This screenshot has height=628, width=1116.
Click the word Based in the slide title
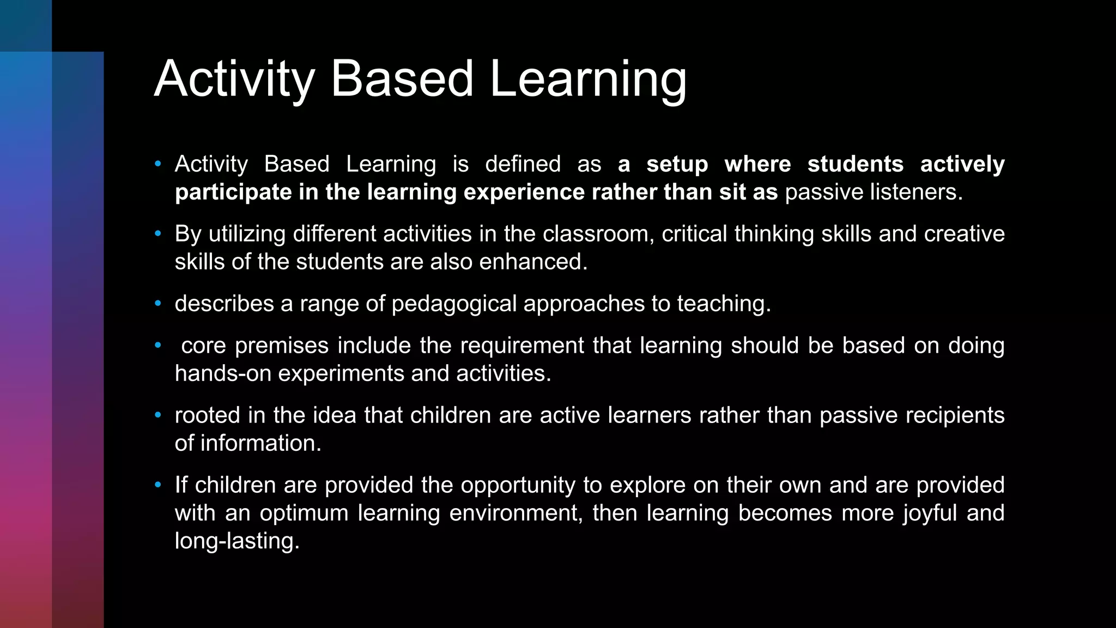tap(402, 79)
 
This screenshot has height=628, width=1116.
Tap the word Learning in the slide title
tap(588, 80)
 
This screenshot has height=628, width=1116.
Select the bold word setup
tap(677, 164)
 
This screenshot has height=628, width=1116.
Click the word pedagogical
tap(454, 304)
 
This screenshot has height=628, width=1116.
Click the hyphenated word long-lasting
tap(237, 541)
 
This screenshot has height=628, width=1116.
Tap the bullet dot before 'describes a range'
tap(158, 303)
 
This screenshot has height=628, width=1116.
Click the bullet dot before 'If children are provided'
tap(158, 485)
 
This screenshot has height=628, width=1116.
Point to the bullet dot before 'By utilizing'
tap(158, 233)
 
